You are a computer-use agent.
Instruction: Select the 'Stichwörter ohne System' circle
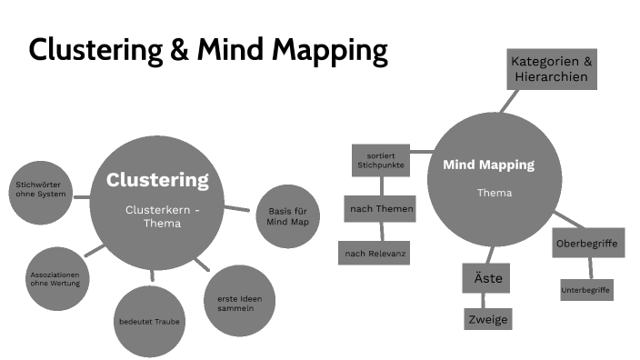pos(38,192)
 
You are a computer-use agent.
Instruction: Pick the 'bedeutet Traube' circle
pos(149,321)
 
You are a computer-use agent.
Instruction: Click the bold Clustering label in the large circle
pos(157,179)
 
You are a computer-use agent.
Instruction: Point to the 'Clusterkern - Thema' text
pos(162,216)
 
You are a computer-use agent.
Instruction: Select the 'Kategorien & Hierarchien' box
pos(552,69)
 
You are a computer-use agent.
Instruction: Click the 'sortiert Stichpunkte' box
pos(381,162)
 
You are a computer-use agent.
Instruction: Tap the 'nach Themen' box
pos(381,209)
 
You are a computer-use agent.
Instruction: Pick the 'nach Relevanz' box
pos(374,253)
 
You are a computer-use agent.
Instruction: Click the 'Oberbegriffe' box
pos(586,243)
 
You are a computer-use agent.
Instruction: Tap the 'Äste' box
pos(486,277)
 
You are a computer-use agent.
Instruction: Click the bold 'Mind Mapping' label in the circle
pos(488,165)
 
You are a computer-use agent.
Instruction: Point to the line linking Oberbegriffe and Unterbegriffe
pos(589,268)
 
